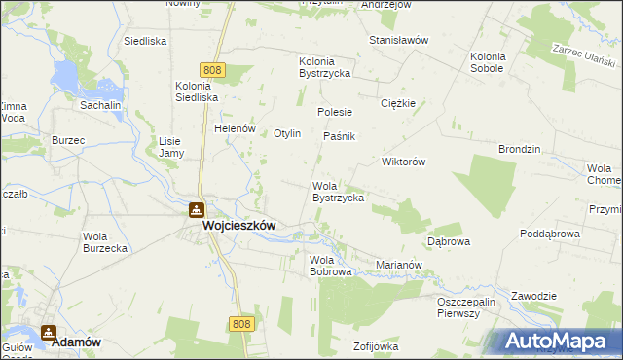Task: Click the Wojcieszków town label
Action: (x=238, y=225)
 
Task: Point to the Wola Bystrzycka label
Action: (x=338, y=192)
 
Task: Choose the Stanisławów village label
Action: (x=399, y=40)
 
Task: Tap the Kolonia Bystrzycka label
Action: (x=324, y=67)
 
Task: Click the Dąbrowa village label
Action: (x=449, y=240)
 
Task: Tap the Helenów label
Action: (x=235, y=128)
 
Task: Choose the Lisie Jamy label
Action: (x=170, y=147)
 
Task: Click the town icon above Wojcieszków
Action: (x=196, y=209)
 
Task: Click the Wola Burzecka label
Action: (x=106, y=242)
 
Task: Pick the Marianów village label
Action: (x=398, y=264)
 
